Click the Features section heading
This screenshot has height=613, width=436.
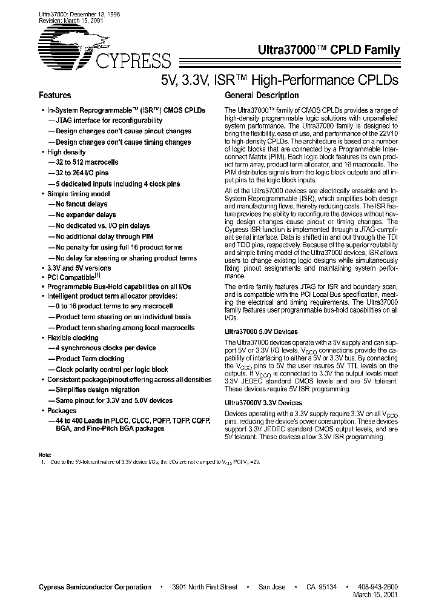[x=55, y=96]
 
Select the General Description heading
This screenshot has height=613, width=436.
[x=262, y=96]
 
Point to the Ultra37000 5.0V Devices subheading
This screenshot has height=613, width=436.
[x=261, y=331]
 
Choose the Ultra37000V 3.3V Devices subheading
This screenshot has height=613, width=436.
[x=263, y=402]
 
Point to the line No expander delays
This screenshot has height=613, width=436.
[x=85, y=214]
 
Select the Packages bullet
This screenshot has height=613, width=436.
[x=62, y=411]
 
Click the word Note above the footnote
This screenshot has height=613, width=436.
[x=45, y=454]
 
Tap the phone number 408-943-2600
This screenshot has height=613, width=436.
[x=377, y=587]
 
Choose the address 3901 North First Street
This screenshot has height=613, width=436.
[x=205, y=587]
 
